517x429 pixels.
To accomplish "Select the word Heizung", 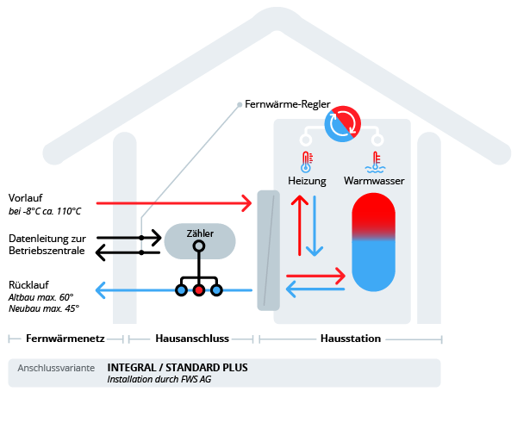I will pos(307,181).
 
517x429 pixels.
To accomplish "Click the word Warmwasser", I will pos(374,181).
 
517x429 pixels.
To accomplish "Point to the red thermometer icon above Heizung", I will pos(305,161).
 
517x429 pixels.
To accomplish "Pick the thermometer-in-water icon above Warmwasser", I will pos(373,161).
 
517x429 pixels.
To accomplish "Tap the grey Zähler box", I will pos(199,240).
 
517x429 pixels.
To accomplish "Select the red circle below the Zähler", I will pos(199,290).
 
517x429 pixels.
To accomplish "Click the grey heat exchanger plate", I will pos(269,250).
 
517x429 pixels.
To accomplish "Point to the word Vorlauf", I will pos(26,196).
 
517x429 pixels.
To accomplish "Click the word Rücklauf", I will pos(28,284).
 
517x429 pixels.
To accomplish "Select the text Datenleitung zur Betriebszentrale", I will pos(47,245).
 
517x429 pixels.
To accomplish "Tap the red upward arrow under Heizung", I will pos(298,225).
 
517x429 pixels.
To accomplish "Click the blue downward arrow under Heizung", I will pos(315,225).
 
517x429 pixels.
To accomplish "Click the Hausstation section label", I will pos(350,339).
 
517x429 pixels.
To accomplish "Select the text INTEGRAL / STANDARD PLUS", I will pos(178,367).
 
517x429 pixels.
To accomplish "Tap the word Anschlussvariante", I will pos(56,368).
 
